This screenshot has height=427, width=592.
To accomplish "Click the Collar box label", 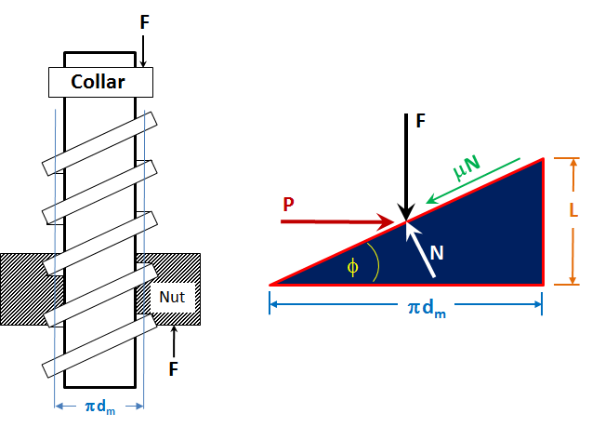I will pyautogui.click(x=99, y=83).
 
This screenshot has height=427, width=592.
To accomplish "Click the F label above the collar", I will pyautogui.click(x=144, y=20).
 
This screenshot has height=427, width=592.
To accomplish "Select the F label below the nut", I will pyautogui.click(x=174, y=368).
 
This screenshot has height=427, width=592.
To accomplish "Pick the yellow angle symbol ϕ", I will pyautogui.click(x=351, y=266).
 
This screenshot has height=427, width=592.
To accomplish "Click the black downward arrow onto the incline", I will pyautogui.click(x=406, y=172).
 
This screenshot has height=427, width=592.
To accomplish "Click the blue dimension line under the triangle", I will pyautogui.click(x=406, y=294).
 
